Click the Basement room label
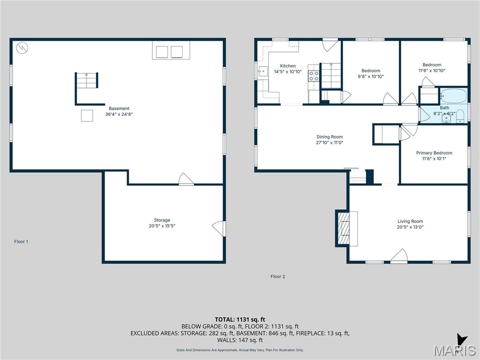point(119,108)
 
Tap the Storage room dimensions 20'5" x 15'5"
point(162,226)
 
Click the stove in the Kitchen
point(314,76)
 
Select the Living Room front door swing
point(399,256)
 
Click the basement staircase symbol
point(87,81)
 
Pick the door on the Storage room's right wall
point(218,228)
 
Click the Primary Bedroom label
point(434,153)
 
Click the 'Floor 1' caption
point(21,241)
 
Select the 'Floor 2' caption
point(277,277)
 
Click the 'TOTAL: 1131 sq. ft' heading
point(240,320)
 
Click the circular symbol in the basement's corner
point(22,47)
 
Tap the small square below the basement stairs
point(87,115)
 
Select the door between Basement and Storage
point(186,180)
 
